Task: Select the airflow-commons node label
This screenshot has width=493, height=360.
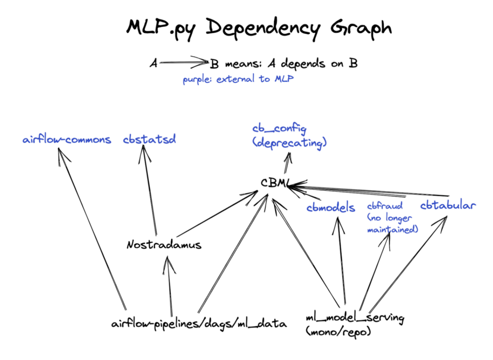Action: [x=67, y=140]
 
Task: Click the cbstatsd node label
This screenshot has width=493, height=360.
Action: [x=149, y=139]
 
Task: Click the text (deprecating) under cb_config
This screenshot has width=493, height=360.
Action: [x=288, y=143]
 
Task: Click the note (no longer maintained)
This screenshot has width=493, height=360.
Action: [x=392, y=224]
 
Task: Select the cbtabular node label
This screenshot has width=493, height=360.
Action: [x=448, y=205]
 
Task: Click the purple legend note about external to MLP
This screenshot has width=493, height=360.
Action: [x=238, y=79]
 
